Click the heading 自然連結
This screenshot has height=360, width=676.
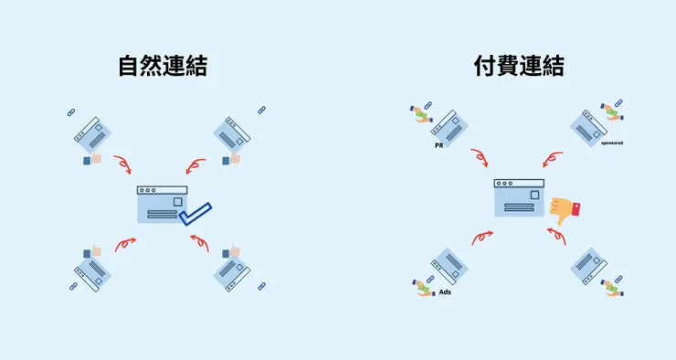pos(162,67)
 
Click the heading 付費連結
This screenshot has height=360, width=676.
pos(518,67)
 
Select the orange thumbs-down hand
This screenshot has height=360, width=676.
pos(567,210)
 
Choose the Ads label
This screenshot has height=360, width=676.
pos(445,292)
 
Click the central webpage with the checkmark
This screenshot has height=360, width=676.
pos(161,205)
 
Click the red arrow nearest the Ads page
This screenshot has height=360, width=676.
pos(481,238)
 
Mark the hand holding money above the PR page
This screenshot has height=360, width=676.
pos(419,113)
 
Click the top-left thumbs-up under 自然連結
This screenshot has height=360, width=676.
pos(93,160)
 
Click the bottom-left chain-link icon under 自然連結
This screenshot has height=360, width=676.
pos(73,286)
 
